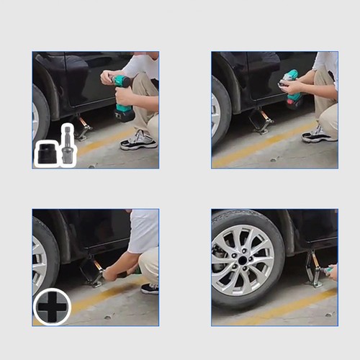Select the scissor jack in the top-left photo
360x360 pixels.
coord(83,129)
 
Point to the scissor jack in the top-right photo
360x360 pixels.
coord(262,121)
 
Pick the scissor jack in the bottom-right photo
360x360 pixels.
coord(315,269)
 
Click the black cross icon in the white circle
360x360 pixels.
coord(52,307)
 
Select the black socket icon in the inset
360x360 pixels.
coord(48,153)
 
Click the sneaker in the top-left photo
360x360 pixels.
coord(138,140)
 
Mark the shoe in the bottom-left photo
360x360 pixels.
coord(150,288)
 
